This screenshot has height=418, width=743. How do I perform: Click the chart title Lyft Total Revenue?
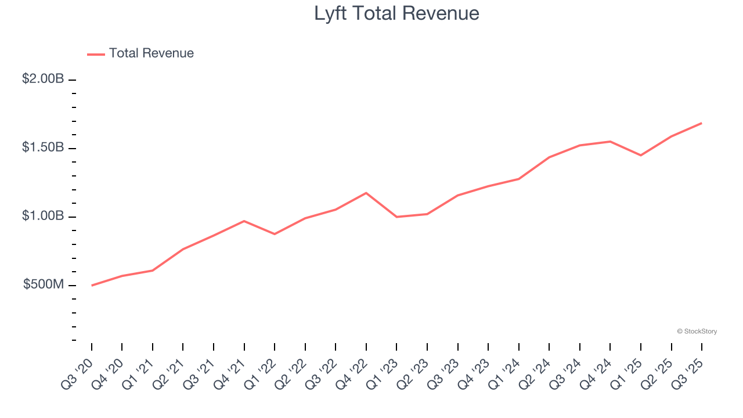click(x=396, y=13)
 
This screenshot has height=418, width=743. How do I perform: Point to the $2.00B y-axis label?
click(x=43, y=79)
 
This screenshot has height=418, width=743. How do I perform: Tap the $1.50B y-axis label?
click(x=43, y=147)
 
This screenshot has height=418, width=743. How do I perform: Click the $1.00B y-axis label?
click(x=43, y=216)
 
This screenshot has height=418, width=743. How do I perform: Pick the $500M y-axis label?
click(x=44, y=284)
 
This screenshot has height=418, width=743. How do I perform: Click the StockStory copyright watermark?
click(x=697, y=331)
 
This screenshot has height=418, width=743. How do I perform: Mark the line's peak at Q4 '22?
click(x=366, y=193)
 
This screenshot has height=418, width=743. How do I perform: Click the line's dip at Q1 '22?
click(x=275, y=234)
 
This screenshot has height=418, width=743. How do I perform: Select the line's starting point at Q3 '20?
click(x=92, y=286)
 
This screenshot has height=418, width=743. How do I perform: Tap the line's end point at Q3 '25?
click(x=702, y=123)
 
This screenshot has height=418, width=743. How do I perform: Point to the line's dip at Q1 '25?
click(x=641, y=156)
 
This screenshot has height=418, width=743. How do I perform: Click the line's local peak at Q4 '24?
click(x=610, y=142)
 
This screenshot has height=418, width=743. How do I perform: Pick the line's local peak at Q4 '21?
click(x=244, y=221)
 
